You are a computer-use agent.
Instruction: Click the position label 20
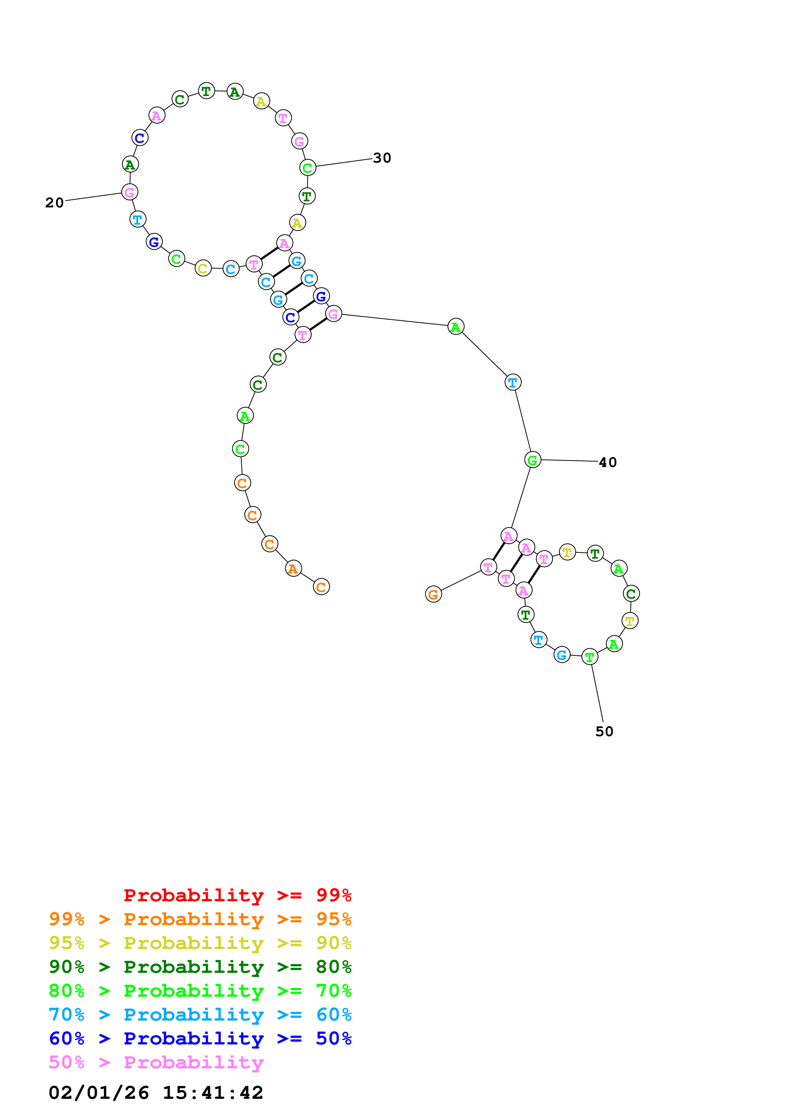coord(54,203)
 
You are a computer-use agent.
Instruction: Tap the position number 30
coord(382,158)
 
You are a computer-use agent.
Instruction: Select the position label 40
coord(608,462)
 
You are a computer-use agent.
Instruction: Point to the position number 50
coord(604,731)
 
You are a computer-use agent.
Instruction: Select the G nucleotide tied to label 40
coord(533,460)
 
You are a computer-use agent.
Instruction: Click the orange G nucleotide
coord(433,594)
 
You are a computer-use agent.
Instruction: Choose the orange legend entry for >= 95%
coord(200,919)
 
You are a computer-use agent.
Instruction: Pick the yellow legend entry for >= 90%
coord(200,943)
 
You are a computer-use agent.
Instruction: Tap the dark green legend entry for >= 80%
coord(200,967)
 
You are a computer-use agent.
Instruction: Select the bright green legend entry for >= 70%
coord(200,991)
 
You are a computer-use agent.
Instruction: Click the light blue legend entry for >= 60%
coord(200,1015)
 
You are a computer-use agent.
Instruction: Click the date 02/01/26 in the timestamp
coord(99,1093)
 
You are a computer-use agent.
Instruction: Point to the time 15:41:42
coord(213,1093)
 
